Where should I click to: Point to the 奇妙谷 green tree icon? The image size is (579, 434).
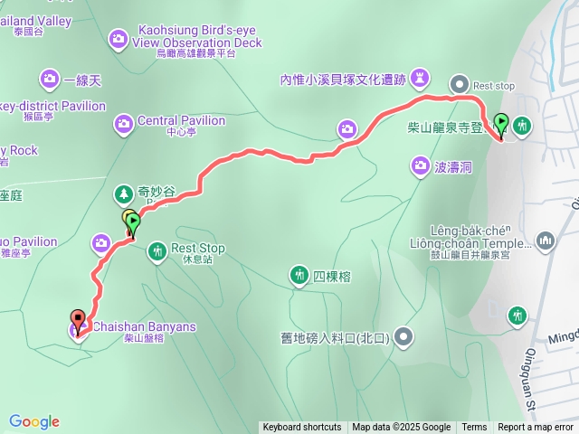click(x=123, y=193)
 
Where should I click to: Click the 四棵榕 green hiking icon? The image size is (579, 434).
click(x=299, y=274)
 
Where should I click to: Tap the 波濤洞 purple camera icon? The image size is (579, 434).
click(x=420, y=165)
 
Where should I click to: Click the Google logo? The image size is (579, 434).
click(x=34, y=421)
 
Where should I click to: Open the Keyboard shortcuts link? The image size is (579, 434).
click(x=301, y=428)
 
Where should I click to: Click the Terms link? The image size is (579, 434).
click(x=474, y=428)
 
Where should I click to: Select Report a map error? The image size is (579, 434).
click(x=536, y=428)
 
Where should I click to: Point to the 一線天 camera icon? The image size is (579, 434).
click(x=48, y=80)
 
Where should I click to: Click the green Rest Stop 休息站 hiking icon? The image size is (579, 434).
click(x=157, y=250)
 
